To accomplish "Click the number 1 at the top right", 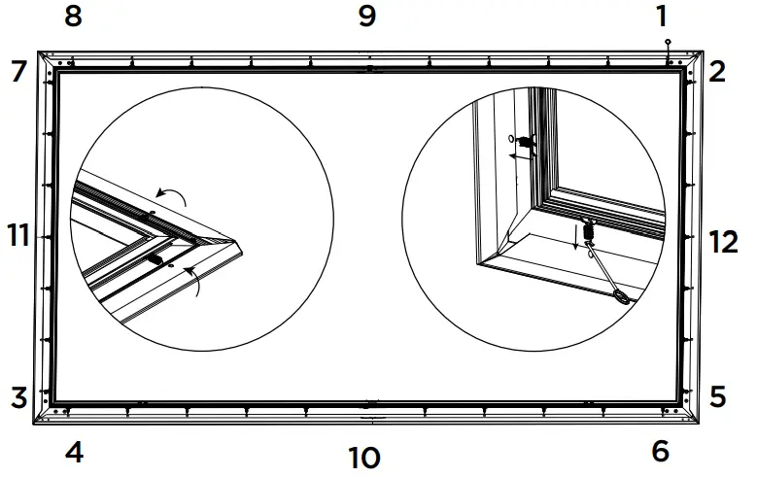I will coord(662,17).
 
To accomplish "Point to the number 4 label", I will coord(74,452).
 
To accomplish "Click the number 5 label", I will coord(717,397).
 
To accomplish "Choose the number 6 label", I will coord(661,452).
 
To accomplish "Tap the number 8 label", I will coord(74,17).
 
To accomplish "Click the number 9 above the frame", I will coord(366,17).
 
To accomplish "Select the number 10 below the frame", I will coord(364,457).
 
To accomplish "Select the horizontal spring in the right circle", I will coord(526,143).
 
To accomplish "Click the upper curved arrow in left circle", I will coord(177,198).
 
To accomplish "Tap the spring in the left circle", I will coord(155,259).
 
